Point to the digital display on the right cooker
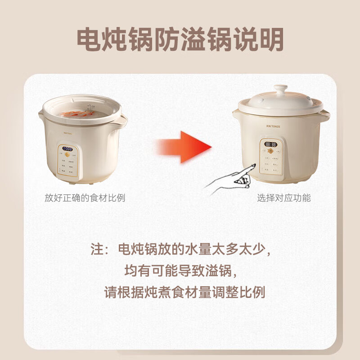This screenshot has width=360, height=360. coord(270,145)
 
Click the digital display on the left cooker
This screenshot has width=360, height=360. coord(68,149)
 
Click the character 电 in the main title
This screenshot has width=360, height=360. coord(90,40)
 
